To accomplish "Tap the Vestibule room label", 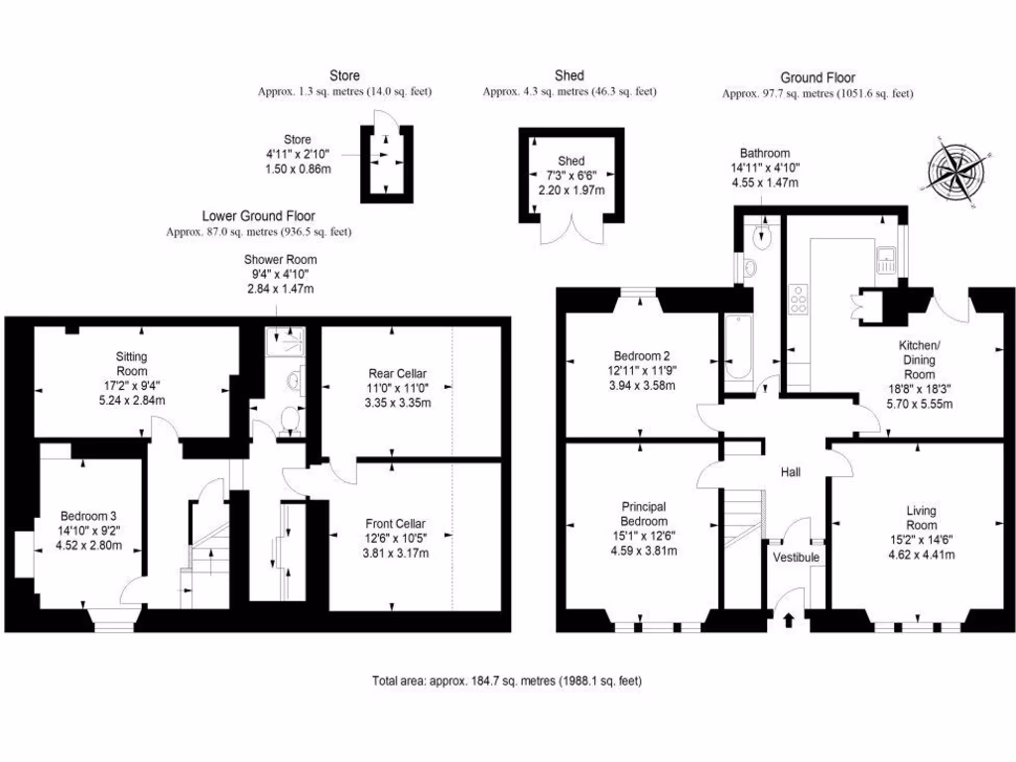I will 796,558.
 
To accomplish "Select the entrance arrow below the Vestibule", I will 789,621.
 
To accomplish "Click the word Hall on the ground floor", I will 790,471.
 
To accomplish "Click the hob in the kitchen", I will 798,299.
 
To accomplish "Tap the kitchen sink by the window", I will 887,261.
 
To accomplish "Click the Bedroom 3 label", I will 88,516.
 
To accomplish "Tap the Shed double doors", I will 571,231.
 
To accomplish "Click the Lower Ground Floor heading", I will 258,215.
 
